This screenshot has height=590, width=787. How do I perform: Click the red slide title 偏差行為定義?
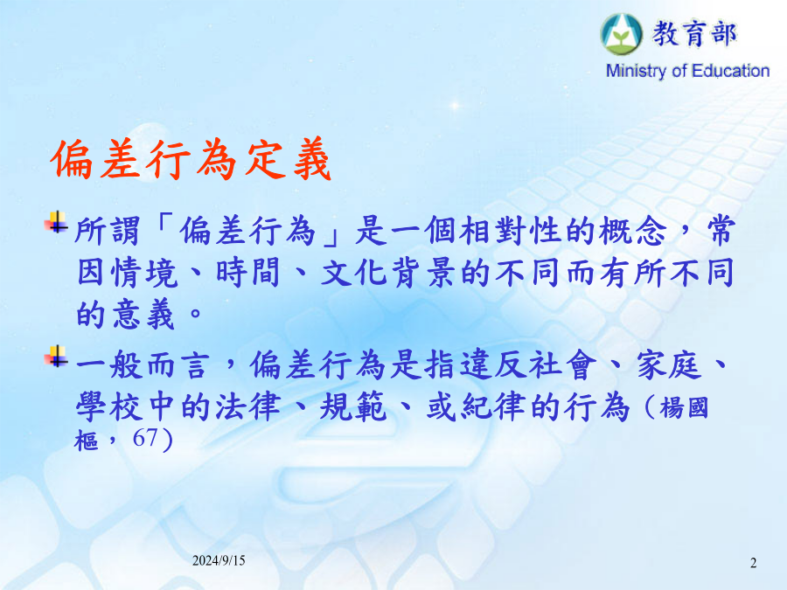191,160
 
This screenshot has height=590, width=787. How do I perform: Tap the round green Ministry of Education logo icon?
622,34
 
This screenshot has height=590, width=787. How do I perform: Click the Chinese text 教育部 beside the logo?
694,34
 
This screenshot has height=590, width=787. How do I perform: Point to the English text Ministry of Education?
687,71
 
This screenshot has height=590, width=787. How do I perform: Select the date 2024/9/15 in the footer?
219,560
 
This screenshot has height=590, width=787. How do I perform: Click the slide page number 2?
754,563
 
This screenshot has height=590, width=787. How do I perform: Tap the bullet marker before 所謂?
56,222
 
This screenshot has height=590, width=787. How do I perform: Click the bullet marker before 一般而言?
56,357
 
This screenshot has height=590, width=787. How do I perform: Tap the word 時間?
248,274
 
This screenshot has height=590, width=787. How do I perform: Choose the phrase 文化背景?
388,274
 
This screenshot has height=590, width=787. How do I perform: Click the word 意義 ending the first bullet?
143,315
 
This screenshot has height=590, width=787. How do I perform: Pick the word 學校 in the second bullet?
109,406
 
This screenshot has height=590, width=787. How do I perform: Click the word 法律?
248,406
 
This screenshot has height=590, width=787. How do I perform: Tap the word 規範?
353,406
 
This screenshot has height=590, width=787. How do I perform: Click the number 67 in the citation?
145,438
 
